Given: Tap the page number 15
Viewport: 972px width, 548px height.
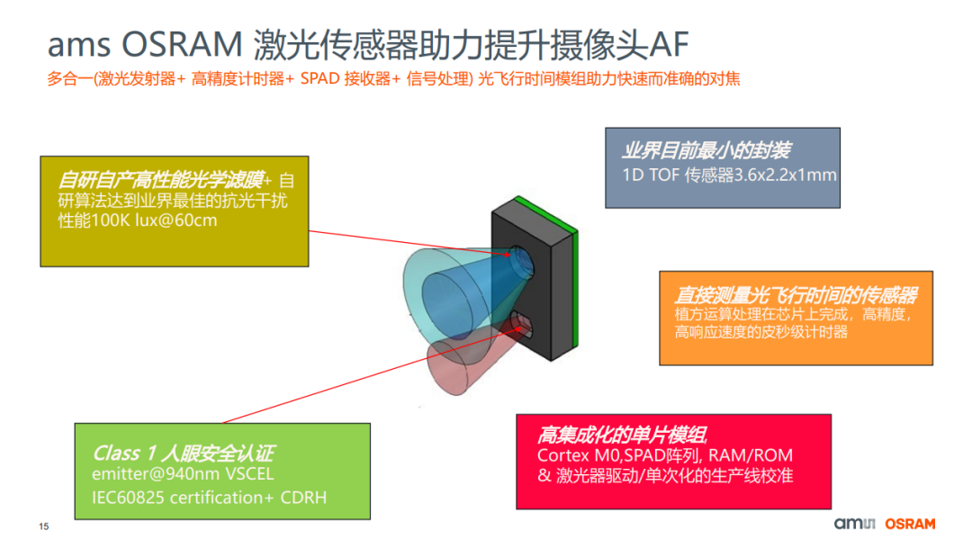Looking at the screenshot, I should click(43, 526).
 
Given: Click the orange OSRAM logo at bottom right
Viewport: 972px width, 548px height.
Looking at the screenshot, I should click(910, 524).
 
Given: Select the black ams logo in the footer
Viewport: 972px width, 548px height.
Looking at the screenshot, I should click(855, 524).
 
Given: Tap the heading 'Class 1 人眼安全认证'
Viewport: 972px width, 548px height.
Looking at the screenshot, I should click(184, 453).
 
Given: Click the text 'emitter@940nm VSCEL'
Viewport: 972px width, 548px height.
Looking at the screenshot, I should click(183, 474).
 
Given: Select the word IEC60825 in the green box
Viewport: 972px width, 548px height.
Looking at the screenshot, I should click(128, 497).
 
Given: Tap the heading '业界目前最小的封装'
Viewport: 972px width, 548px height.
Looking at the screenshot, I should click(706, 150).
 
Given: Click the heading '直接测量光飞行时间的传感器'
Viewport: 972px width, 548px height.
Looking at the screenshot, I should click(796, 295).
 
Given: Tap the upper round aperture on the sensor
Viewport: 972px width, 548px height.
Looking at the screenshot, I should click(521, 262).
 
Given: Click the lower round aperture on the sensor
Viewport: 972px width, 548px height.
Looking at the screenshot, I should click(523, 323).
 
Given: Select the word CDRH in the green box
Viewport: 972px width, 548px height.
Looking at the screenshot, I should click(307, 497).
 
